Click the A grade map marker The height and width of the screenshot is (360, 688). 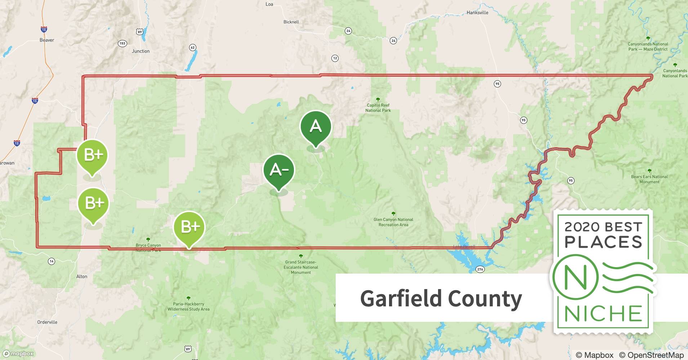[316, 126]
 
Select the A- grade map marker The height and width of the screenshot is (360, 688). [279, 170]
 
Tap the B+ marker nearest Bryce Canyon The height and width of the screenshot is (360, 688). [189, 227]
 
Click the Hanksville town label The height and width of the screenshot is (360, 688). [477, 13]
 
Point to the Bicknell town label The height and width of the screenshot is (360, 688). [291, 22]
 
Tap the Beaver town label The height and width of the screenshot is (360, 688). [47, 40]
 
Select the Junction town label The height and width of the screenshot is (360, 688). [140, 51]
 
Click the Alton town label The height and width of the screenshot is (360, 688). [82, 276]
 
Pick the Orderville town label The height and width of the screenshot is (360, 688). [47, 322]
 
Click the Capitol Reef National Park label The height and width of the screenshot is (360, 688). [378, 108]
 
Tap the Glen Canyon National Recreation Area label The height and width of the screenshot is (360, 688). [393, 222]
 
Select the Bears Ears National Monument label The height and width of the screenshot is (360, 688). [649, 179]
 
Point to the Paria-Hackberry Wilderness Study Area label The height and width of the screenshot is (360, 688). [188, 306]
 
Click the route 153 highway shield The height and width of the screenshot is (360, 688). [122, 44]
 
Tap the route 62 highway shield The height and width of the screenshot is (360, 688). [193, 48]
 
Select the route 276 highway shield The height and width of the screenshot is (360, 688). [480, 269]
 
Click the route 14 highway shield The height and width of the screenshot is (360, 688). [52, 261]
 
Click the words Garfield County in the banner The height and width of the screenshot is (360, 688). [441, 298]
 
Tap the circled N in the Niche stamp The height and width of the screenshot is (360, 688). [575, 277]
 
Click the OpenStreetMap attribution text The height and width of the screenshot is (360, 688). [651, 355]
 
